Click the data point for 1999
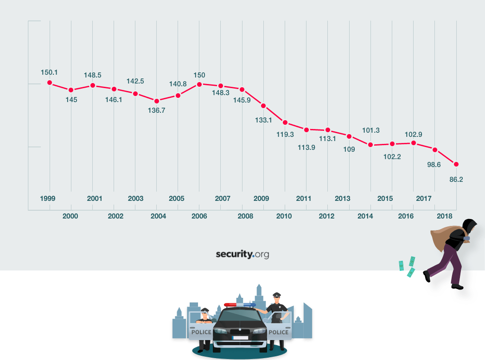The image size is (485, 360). (50, 83)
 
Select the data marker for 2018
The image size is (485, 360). (456, 164)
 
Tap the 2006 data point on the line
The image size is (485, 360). (199, 84)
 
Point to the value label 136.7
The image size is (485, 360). (157, 110)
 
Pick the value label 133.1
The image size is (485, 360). (263, 120)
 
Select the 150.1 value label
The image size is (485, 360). (49, 72)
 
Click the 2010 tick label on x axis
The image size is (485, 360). (284, 216)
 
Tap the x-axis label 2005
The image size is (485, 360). (177, 199)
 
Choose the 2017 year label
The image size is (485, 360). (424, 199)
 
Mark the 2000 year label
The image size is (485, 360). (70, 216)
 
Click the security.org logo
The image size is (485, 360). (242, 254)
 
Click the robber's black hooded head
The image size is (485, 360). (469, 226)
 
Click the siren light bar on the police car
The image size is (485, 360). (239, 305)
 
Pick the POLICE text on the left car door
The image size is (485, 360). (201, 332)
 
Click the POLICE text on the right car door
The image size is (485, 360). (279, 332)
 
